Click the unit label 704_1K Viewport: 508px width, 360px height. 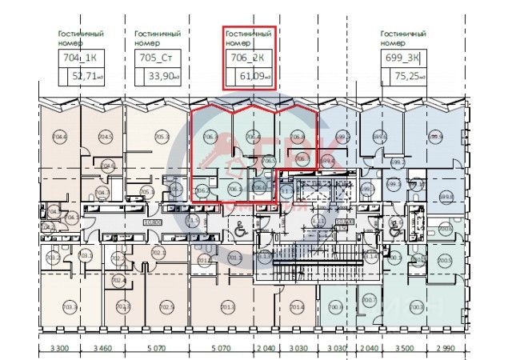click(x=80, y=58)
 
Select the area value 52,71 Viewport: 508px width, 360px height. click(x=87, y=78)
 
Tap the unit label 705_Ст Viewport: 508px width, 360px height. click(x=157, y=58)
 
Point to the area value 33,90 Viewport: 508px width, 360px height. click(x=163, y=78)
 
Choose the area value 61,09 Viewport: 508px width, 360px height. click(x=254, y=78)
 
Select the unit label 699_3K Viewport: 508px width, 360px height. click(x=402, y=58)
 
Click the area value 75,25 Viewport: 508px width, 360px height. click(x=409, y=78)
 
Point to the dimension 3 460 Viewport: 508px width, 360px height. click(x=102, y=350)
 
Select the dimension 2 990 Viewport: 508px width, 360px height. click(x=446, y=350)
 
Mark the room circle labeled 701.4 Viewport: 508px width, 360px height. click(x=298, y=307)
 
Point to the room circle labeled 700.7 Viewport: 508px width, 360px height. click(x=369, y=301)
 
